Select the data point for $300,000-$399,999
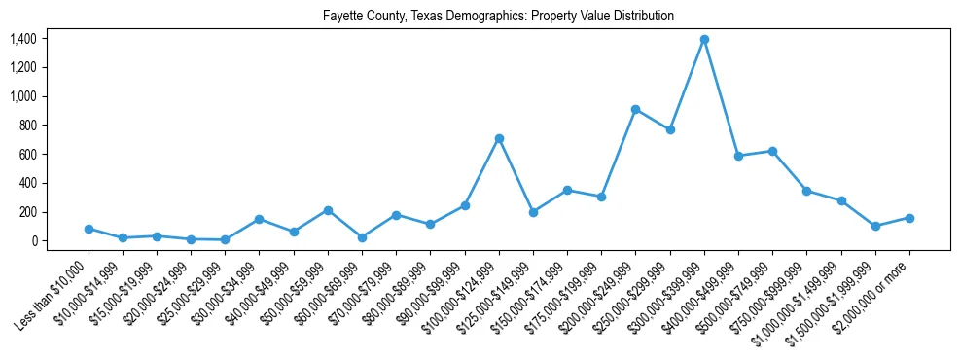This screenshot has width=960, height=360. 704,40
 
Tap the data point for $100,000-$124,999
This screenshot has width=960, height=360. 499,138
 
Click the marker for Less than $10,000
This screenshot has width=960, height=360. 89,229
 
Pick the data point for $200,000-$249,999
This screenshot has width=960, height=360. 635,109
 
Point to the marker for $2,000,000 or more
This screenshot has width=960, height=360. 909,218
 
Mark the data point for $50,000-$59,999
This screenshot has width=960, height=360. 328,210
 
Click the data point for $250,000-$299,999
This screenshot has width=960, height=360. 670,129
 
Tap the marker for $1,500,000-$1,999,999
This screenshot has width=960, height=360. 875,226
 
